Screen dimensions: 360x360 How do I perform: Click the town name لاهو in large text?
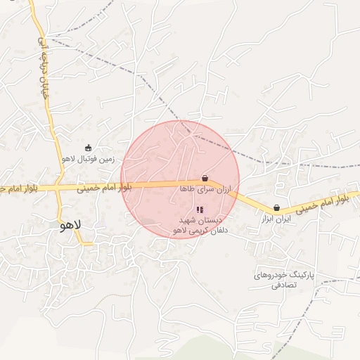click(x=72, y=225)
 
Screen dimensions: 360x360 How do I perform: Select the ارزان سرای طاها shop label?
click(x=205, y=189)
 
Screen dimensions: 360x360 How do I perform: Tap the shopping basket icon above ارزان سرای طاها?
click(x=205, y=178)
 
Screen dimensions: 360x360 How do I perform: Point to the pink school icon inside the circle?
click(x=200, y=210)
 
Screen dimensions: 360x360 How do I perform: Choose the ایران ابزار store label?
click(x=276, y=220)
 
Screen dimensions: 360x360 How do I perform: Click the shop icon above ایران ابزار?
click(x=276, y=208)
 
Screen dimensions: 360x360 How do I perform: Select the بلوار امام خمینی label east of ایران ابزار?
click(x=321, y=205)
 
